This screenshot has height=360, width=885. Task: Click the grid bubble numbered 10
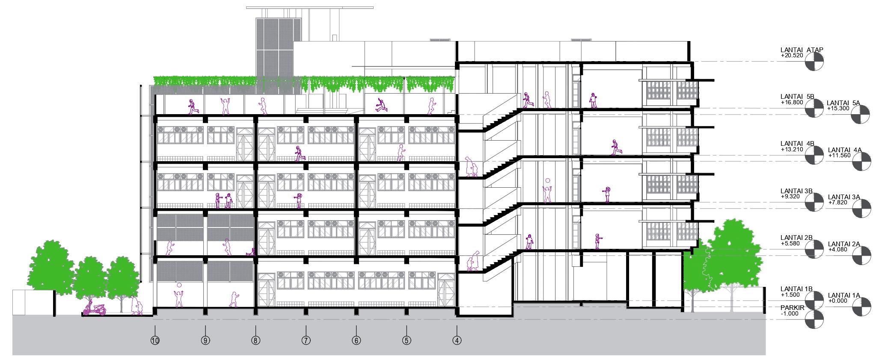click(x=155, y=341)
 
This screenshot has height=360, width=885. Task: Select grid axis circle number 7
click(x=306, y=341)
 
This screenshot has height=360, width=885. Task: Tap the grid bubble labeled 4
click(x=457, y=341)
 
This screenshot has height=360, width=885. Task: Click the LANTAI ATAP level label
click(x=796, y=50)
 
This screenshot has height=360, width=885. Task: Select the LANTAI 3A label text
click(x=843, y=197)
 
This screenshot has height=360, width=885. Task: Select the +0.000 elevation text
click(x=837, y=301)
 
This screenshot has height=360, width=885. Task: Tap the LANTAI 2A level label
click(x=843, y=244)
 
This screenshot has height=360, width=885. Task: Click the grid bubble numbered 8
click(x=255, y=341)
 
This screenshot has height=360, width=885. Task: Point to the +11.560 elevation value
click(x=838, y=156)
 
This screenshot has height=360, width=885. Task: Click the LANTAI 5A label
click(x=843, y=103)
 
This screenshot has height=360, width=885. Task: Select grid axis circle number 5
click(x=407, y=341)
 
